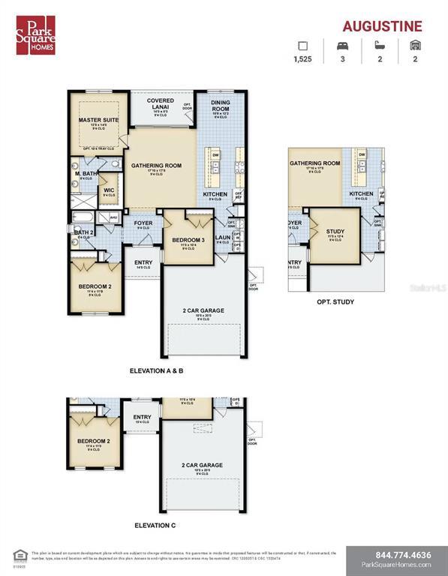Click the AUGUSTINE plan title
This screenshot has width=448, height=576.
click(x=382, y=26)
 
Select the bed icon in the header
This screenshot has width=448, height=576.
click(x=341, y=46)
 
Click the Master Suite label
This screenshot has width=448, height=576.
click(x=98, y=119)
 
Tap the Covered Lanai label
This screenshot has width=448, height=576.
click(x=160, y=103)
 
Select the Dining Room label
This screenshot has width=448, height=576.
click(x=220, y=107)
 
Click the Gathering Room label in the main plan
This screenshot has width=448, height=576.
click(x=157, y=166)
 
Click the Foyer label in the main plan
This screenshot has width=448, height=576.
click(x=143, y=223)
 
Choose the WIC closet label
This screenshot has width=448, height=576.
click(x=108, y=190)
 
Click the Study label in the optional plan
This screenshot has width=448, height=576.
click(x=335, y=232)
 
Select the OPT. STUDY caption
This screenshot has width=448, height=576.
click(x=335, y=302)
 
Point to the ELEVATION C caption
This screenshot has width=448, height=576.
click(x=155, y=525)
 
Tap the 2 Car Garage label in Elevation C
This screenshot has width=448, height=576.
click(x=202, y=465)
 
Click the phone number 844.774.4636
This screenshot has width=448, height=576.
click(x=397, y=555)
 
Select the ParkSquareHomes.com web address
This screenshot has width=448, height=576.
click(x=396, y=565)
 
